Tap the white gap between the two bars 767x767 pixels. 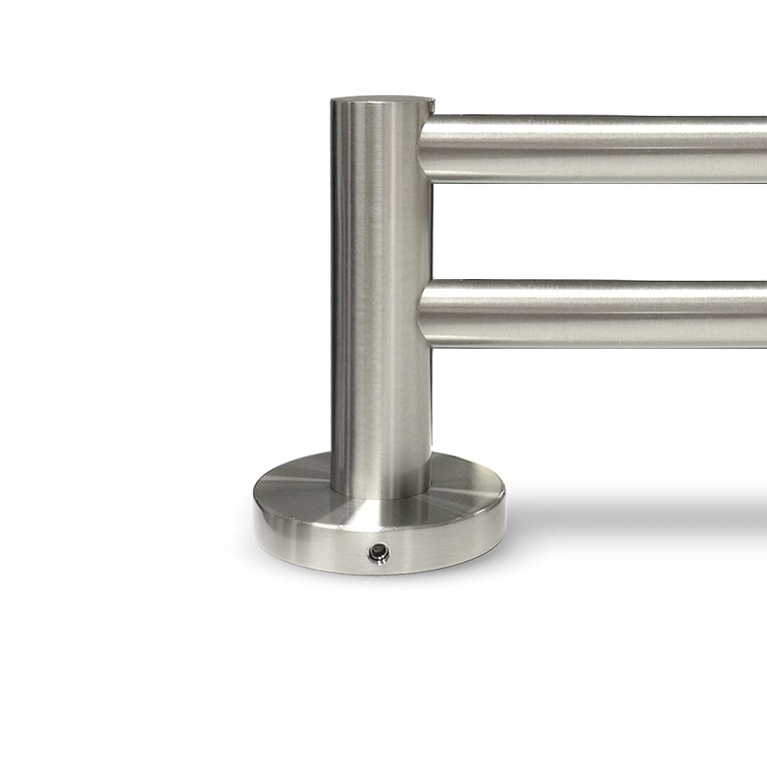(597, 231)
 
